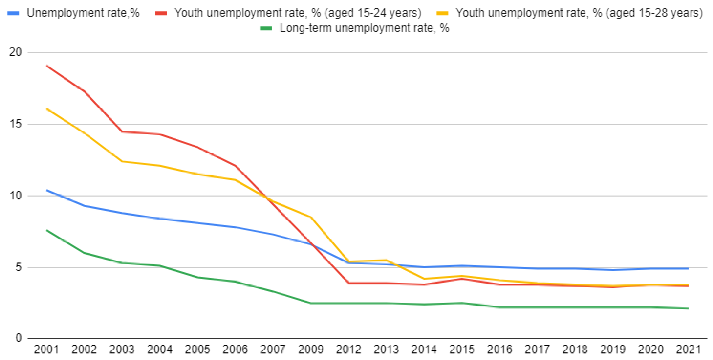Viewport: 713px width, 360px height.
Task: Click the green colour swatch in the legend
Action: [x=266, y=29]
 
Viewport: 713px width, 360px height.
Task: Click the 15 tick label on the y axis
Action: [x=15, y=124]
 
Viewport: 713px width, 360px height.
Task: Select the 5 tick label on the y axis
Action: [x=18, y=267]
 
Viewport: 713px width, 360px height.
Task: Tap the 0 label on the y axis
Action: [x=18, y=338]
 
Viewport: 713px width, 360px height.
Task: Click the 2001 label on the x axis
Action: [x=46, y=349]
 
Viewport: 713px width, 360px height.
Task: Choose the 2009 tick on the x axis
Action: [x=310, y=349]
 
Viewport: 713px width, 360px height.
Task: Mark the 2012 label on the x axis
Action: [x=349, y=349]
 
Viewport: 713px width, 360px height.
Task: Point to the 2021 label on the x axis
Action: [x=688, y=349]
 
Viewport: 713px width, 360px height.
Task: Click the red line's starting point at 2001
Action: [x=47, y=66]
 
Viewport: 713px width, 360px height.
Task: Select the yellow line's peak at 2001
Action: [x=47, y=109]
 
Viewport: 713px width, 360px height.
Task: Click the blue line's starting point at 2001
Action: [x=47, y=190]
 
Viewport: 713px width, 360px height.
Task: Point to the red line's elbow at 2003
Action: [x=122, y=131]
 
